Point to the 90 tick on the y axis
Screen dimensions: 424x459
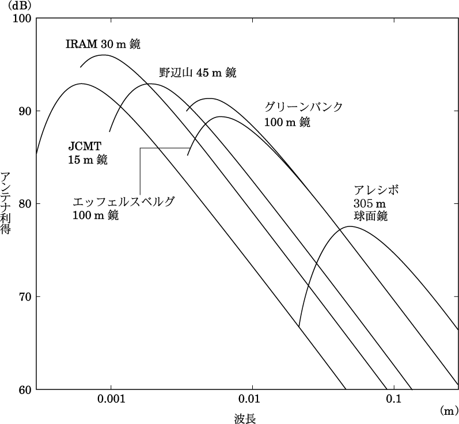[24, 111]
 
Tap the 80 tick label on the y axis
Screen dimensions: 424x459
[24, 204]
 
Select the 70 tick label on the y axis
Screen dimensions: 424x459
[24, 297]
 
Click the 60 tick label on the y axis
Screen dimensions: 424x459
[24, 389]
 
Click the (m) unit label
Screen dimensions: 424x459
[447, 410]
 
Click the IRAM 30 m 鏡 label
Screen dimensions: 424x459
[103, 44]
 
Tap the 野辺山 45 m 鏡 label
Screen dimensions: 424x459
[198, 73]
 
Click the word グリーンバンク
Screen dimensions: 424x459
[304, 108]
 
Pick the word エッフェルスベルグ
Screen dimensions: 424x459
[123, 202]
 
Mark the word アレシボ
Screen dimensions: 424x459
[377, 190]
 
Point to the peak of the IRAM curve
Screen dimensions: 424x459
[104, 55]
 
